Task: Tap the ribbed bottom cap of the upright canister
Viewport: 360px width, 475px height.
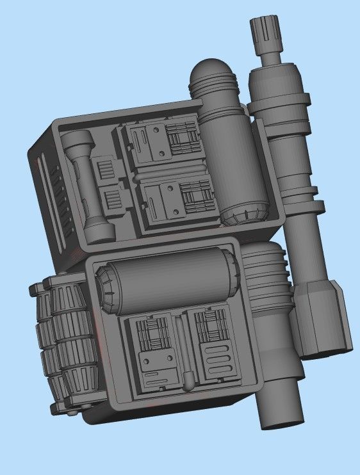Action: coord(245,213)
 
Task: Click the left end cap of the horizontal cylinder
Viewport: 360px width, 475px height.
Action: coord(105,292)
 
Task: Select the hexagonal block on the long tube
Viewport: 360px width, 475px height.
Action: coord(320,317)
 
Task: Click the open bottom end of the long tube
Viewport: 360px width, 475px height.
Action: coord(279,419)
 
